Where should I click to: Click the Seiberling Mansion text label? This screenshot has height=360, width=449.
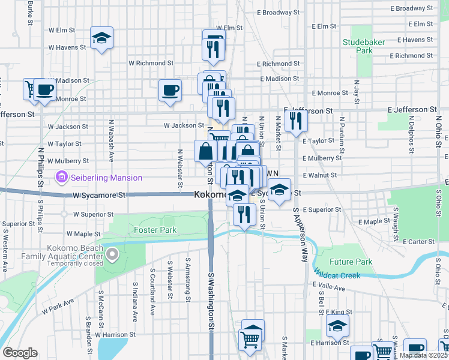click(x=106, y=178)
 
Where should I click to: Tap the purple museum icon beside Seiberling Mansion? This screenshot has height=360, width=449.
click(x=61, y=178)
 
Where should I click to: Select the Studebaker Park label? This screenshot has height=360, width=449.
click(x=358, y=46)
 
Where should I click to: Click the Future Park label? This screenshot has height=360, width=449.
click(x=351, y=262)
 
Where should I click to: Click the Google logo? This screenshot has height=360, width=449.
click(x=20, y=353)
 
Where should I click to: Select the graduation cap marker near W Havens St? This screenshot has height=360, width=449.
click(x=102, y=38)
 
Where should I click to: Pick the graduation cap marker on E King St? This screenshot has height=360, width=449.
click(x=337, y=326)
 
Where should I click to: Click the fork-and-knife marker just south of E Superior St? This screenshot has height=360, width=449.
click(x=244, y=214)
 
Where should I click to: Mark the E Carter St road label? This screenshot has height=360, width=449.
click(x=418, y=241)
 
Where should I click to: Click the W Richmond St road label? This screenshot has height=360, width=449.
click(x=151, y=62)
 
